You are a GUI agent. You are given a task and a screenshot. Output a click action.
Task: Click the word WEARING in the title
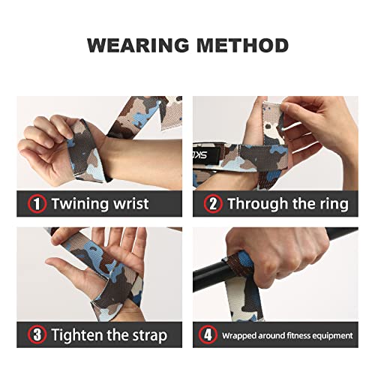point(133,45)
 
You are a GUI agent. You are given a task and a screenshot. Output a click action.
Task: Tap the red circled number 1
point(35,203)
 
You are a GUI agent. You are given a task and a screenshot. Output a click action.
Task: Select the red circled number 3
point(35,334)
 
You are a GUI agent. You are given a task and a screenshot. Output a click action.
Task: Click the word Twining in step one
point(78,203)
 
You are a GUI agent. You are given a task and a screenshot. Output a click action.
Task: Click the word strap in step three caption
point(146,334)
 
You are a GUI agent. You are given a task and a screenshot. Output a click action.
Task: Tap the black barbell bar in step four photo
point(210,278)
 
